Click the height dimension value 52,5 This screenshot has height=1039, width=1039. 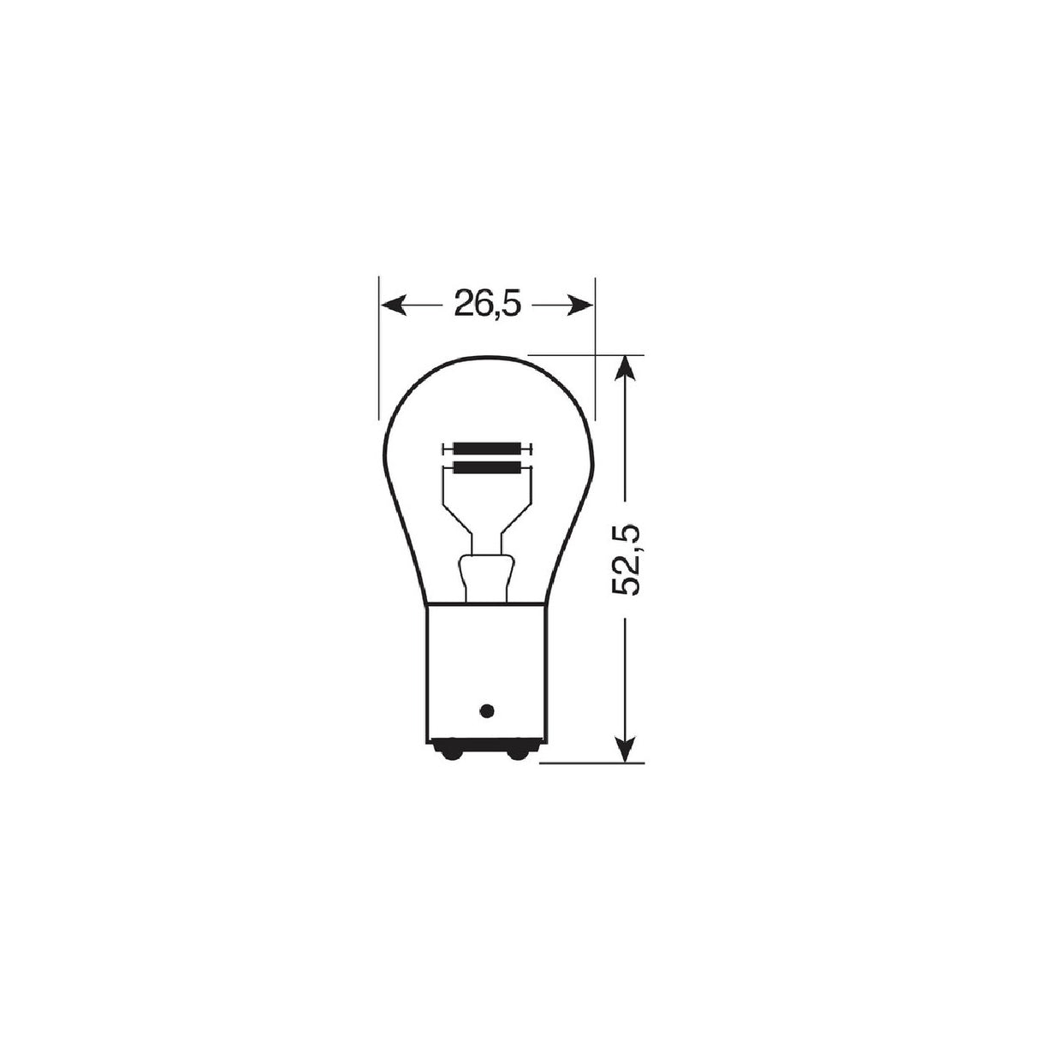coord(626,561)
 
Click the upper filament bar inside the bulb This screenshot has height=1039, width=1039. coord(487,448)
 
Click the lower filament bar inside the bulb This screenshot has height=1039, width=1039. coord(487,467)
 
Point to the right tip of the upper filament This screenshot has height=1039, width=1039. coord(531,448)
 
